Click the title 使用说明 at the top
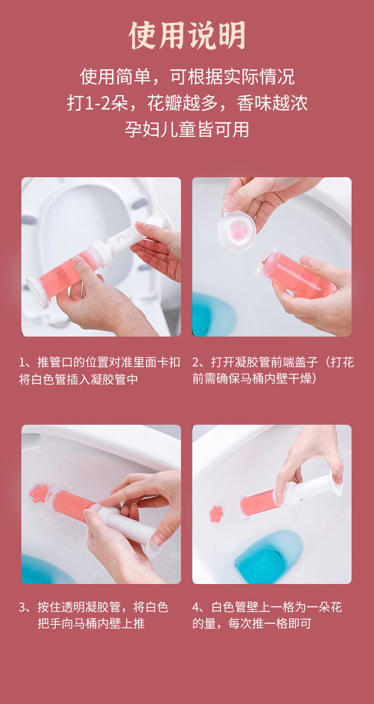pyautogui.click(x=187, y=35)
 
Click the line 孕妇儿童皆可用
pyautogui.click(x=187, y=129)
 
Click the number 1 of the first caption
pyautogui.click(x=22, y=362)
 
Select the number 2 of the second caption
pyautogui.click(x=196, y=362)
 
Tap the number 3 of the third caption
pyautogui.click(x=22, y=607)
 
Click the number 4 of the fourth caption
pyautogui.click(x=196, y=607)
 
